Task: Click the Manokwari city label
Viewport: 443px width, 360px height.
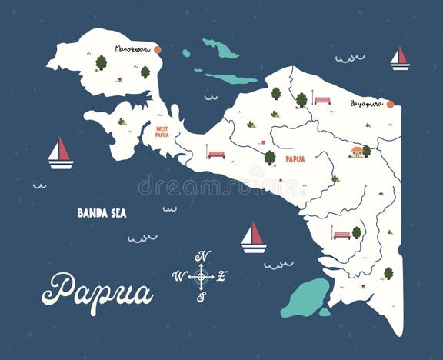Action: [132, 48]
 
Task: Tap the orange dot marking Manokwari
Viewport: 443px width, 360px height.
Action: [158, 49]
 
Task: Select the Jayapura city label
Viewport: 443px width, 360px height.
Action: [366, 102]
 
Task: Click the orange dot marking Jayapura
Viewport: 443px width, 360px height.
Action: [390, 104]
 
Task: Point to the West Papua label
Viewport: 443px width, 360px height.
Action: [162, 132]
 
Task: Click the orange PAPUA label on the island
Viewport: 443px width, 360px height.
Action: [295, 159]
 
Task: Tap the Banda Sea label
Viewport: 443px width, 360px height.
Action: [102, 213]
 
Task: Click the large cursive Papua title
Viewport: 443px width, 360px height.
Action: [98, 290]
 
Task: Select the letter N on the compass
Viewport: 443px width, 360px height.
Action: [202, 256]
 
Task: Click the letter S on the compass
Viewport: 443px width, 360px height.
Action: [201, 296]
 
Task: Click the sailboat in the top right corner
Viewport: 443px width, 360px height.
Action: [399, 58]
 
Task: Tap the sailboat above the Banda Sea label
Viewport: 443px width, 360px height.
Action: [60, 153]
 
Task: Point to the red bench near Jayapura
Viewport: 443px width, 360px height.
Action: [322, 100]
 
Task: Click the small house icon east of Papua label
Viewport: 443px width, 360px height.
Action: [356, 152]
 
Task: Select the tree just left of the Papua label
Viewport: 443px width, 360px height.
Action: [270, 157]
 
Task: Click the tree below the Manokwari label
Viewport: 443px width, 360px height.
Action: [101, 62]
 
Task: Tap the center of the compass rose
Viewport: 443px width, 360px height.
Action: [201, 275]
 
